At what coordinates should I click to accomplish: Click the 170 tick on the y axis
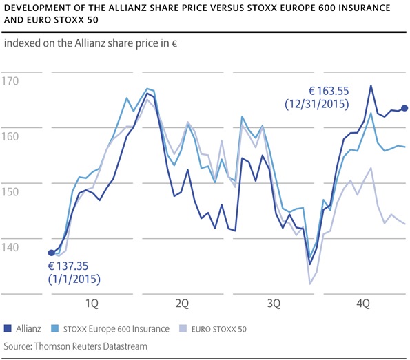[14, 82]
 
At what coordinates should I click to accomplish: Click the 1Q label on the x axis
[91, 303]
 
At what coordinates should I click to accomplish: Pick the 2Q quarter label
[183, 303]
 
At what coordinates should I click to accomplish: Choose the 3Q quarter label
[274, 303]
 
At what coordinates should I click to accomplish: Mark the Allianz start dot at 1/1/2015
[51, 253]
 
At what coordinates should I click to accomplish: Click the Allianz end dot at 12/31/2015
[404, 108]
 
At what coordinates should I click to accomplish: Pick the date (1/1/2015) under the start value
[74, 279]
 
